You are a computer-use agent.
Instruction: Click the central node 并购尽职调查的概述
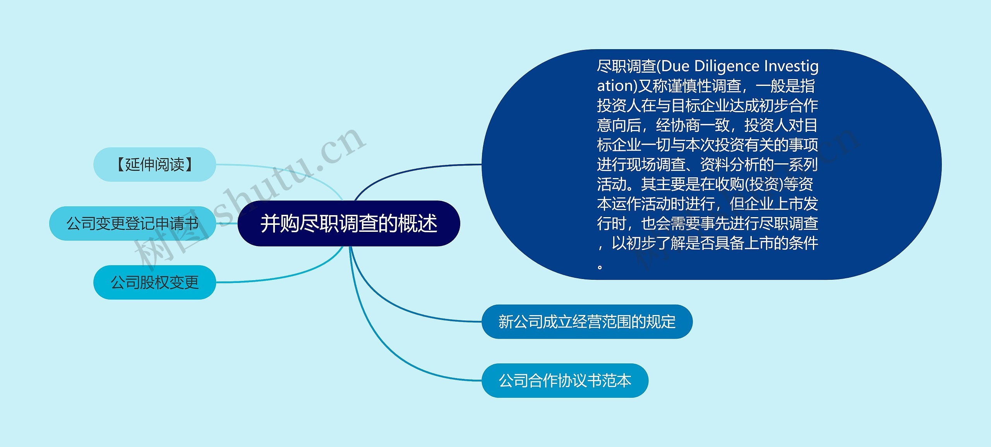pos(348,223)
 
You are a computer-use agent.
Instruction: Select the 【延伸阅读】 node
pos(154,164)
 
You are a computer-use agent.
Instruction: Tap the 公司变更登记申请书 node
pos(132,223)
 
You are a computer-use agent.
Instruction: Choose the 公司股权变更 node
pos(154,282)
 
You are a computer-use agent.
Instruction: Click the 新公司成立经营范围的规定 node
pos(586,322)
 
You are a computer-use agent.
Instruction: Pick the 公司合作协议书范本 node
pos(564,380)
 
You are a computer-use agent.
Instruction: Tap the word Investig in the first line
pos(791,67)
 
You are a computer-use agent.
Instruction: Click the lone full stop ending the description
pos(600,267)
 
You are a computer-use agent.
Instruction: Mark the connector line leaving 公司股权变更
pos(279,277)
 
